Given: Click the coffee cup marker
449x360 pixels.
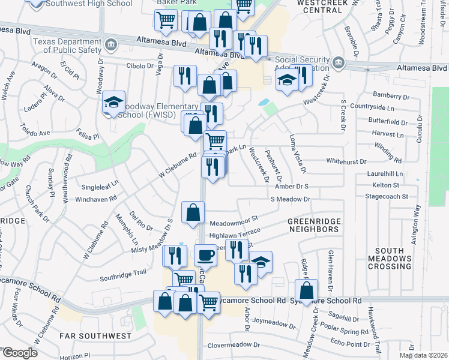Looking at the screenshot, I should (206, 256).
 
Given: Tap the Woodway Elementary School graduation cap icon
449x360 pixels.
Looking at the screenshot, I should (112, 103).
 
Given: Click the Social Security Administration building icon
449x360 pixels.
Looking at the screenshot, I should (339, 62).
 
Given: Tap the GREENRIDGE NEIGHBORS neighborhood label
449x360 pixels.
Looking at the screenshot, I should (313, 225).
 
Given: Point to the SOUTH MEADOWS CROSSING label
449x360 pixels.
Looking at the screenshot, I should (393, 258).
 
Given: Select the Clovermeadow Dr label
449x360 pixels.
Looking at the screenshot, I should (234, 345).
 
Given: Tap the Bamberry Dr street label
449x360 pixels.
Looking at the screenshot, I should (390, 95).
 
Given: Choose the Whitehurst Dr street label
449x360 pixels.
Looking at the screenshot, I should (351, 161).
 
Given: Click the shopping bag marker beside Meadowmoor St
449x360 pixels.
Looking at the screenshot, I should (192, 213).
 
